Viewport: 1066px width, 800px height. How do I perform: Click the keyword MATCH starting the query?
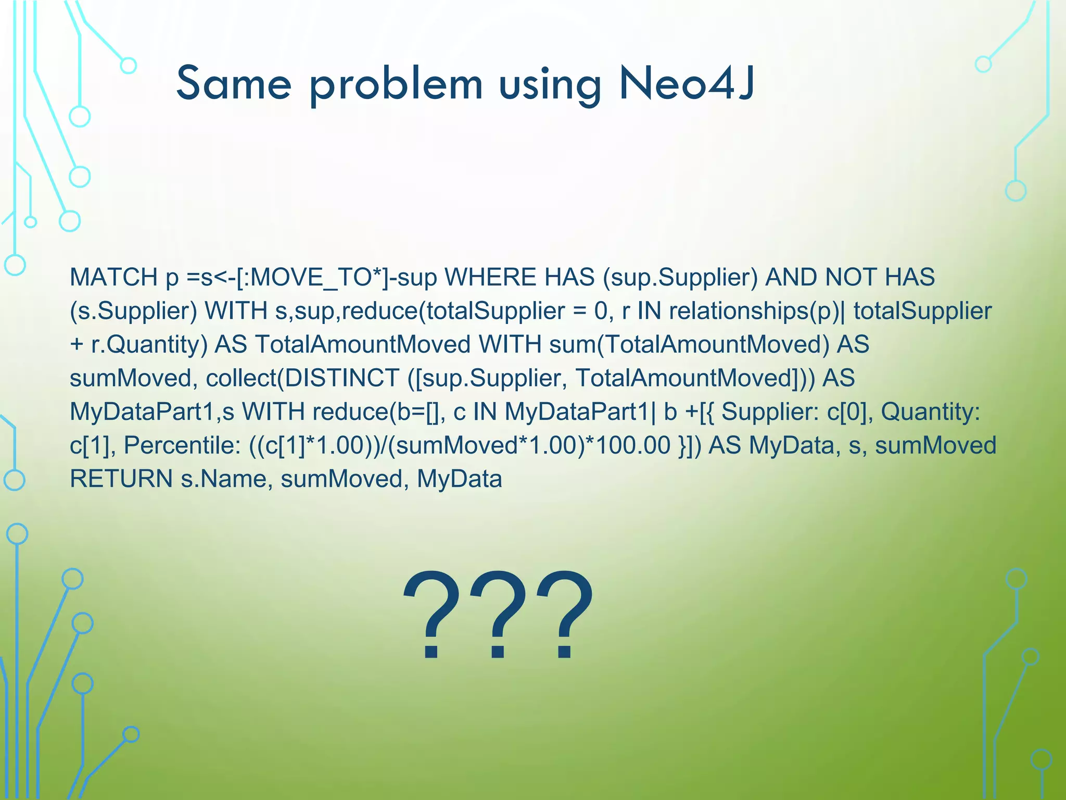click(113, 278)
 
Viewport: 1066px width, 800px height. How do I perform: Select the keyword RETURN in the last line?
click(121, 479)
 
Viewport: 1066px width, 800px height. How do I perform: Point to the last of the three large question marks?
click(565, 615)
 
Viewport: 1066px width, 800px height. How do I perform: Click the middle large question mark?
click(498, 615)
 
